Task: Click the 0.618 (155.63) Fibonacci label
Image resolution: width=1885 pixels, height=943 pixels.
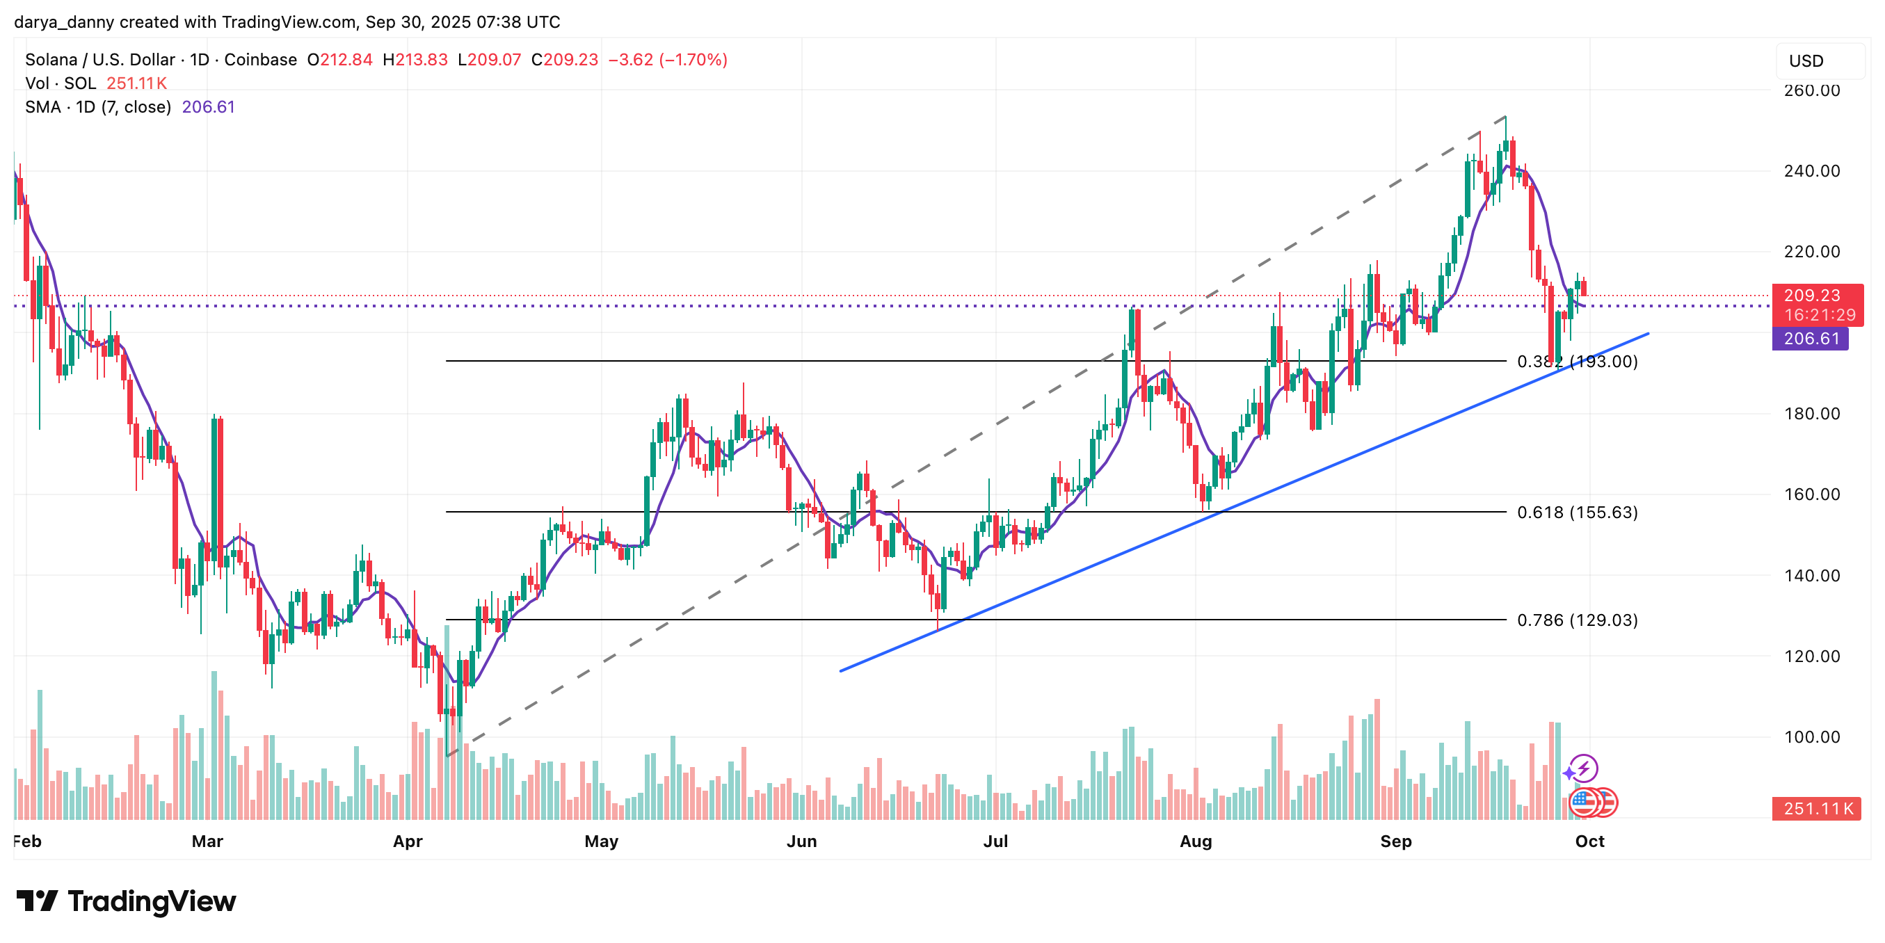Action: pyautogui.click(x=1577, y=512)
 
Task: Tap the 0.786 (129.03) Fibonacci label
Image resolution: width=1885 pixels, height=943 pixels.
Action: pyautogui.click(x=1577, y=620)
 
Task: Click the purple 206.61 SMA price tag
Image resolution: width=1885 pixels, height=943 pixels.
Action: pyautogui.click(x=1811, y=338)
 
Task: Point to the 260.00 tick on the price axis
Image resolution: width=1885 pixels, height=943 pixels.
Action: pyautogui.click(x=1811, y=90)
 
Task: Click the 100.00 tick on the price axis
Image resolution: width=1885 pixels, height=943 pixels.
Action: pyautogui.click(x=1811, y=736)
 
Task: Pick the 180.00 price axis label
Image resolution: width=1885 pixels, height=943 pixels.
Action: pyautogui.click(x=1811, y=413)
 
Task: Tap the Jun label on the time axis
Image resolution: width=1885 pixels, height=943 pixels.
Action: pyautogui.click(x=801, y=841)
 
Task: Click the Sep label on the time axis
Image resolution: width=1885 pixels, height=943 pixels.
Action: pyautogui.click(x=1395, y=841)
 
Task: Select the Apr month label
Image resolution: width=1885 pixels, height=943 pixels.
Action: pyautogui.click(x=408, y=841)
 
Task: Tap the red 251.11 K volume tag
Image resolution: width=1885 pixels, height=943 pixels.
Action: pyautogui.click(x=1816, y=808)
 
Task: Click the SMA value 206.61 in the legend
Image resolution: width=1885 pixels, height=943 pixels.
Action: pyautogui.click(x=209, y=107)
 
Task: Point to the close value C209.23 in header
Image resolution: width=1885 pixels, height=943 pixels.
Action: pyautogui.click(x=564, y=60)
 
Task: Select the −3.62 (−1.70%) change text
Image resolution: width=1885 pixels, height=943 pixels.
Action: pyautogui.click(x=667, y=60)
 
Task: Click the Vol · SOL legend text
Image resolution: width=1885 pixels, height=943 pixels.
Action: pyautogui.click(x=60, y=83)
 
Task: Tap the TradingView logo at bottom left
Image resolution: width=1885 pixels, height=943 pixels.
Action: pyautogui.click(x=126, y=901)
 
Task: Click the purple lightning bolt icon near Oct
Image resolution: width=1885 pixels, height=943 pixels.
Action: pyautogui.click(x=1584, y=768)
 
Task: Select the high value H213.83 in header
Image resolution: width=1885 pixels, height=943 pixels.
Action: pyautogui.click(x=415, y=60)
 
